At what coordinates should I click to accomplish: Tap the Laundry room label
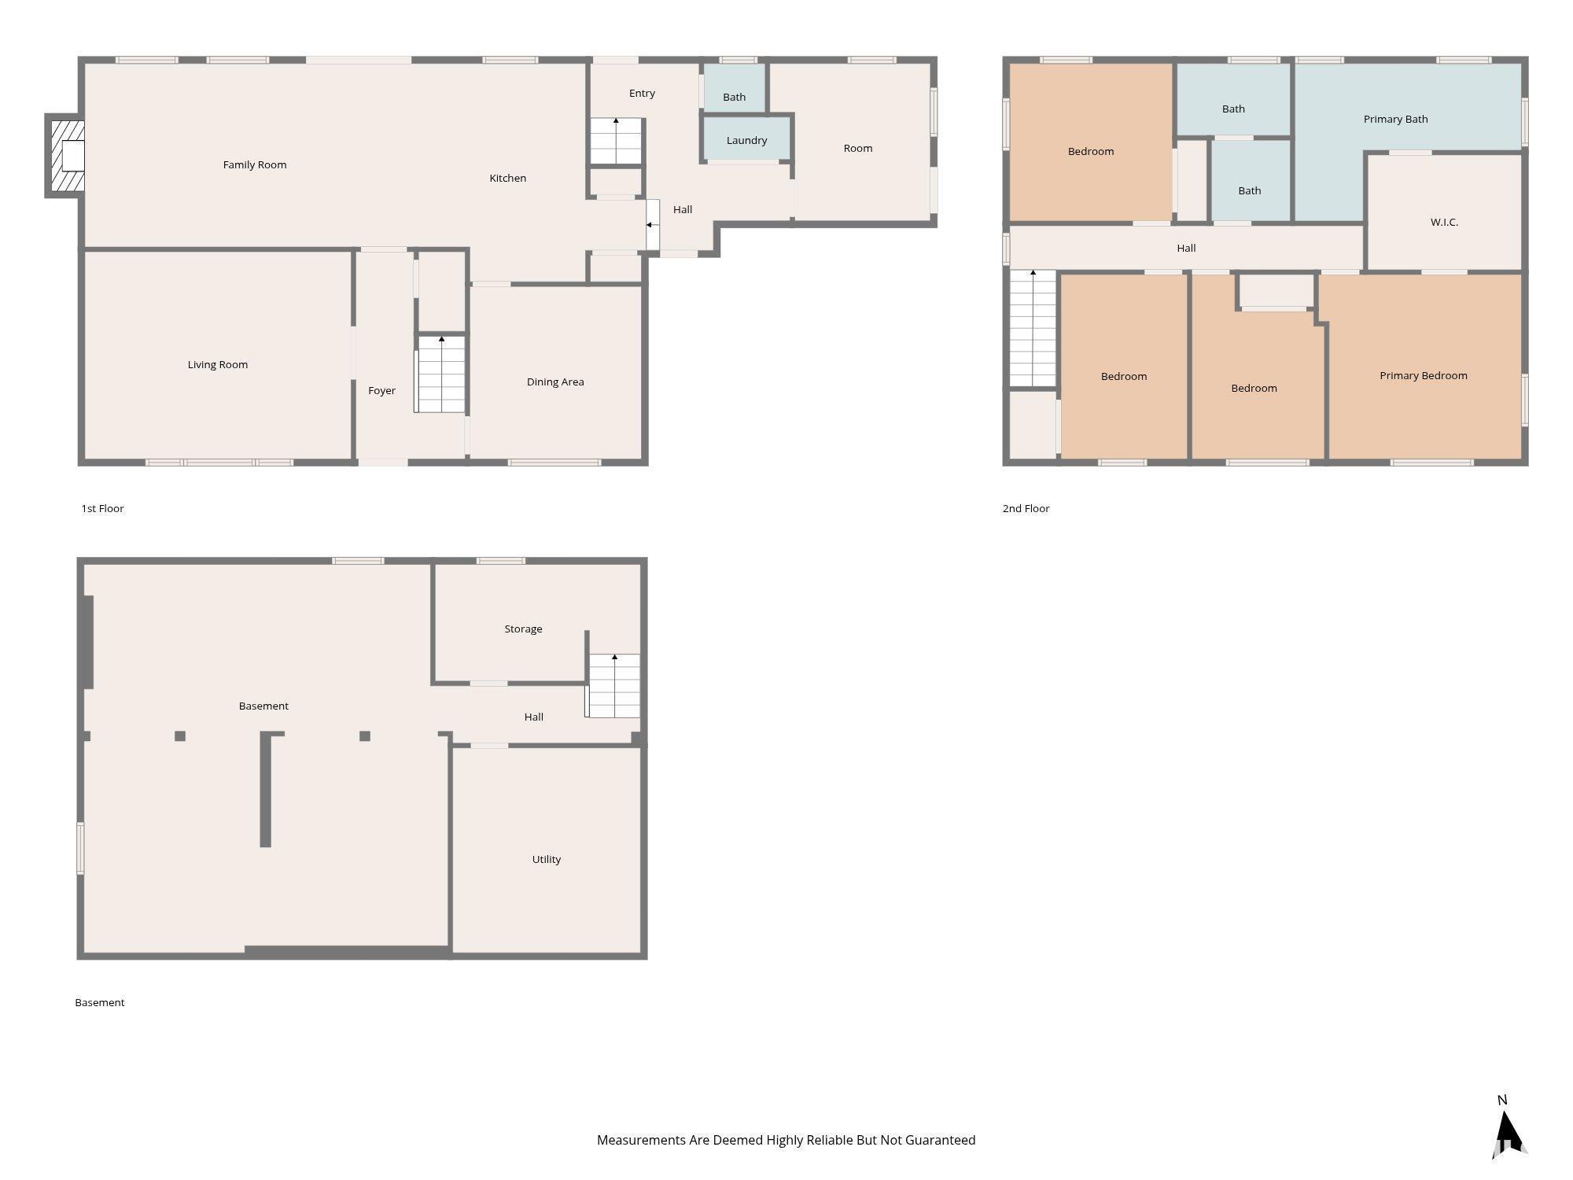coord(746,141)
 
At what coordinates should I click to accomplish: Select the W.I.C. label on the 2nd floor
coord(1444,223)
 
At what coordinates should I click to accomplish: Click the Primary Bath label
coord(1395,120)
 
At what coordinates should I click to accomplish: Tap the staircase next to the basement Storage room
coord(613,685)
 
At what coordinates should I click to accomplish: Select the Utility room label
coord(547,860)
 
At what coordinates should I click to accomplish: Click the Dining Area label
coord(555,382)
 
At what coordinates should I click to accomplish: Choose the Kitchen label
coord(508,179)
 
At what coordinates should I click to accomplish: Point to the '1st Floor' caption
coord(103,509)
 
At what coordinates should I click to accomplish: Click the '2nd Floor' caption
coord(1026,509)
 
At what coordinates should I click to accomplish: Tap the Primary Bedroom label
coord(1424,376)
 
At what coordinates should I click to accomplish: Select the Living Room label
coord(218,365)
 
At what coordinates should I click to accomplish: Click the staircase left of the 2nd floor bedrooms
coord(1033,328)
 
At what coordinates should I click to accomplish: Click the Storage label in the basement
coord(523,629)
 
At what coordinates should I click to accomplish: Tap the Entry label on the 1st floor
coord(642,94)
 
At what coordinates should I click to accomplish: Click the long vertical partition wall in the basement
coord(266,790)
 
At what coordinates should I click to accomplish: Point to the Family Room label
coord(255,165)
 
